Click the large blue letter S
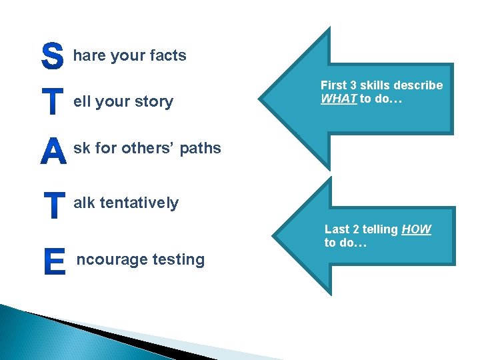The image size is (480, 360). tap(52, 57)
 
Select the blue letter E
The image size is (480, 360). tap(54, 261)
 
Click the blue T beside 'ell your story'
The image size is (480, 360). tap(53, 103)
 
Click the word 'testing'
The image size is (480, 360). tap(180, 259)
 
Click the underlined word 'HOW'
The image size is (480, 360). tap(417, 229)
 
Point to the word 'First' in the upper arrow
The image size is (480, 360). tap(333, 85)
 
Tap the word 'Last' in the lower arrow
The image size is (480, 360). tap(337, 229)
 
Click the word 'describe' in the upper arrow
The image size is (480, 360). tap(419, 85)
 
